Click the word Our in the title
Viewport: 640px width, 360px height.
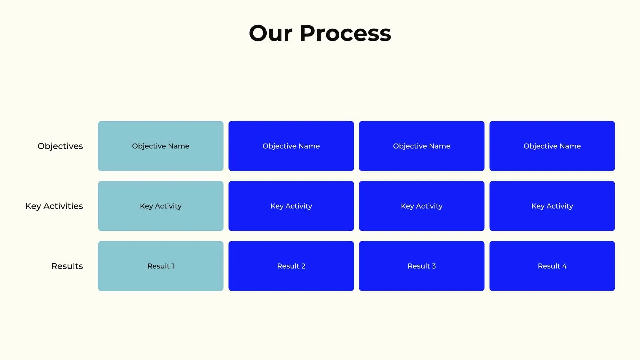click(270, 33)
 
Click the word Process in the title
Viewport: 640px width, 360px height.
click(345, 33)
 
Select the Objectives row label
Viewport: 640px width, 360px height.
click(60, 146)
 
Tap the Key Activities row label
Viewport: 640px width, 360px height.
click(54, 206)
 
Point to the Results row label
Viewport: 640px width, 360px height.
click(67, 266)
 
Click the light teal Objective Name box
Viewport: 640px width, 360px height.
click(161, 146)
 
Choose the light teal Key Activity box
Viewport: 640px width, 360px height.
click(161, 206)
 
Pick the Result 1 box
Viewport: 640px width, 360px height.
click(161, 266)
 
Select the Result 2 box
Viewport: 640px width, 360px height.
click(291, 266)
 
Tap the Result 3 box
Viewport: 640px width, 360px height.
click(422, 266)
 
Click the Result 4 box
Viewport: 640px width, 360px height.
click(552, 266)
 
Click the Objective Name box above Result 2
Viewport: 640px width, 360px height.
click(291, 146)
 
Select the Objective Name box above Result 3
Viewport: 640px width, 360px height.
click(422, 146)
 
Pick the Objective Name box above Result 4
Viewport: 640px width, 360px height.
click(552, 146)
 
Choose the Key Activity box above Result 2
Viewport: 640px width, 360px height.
click(291, 206)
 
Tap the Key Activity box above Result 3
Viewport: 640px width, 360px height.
click(422, 206)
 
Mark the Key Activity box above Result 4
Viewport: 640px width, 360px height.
click(552, 206)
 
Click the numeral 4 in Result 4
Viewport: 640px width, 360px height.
click(564, 266)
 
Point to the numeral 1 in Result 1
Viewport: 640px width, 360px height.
click(173, 266)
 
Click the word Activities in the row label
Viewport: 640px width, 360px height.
click(63, 206)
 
